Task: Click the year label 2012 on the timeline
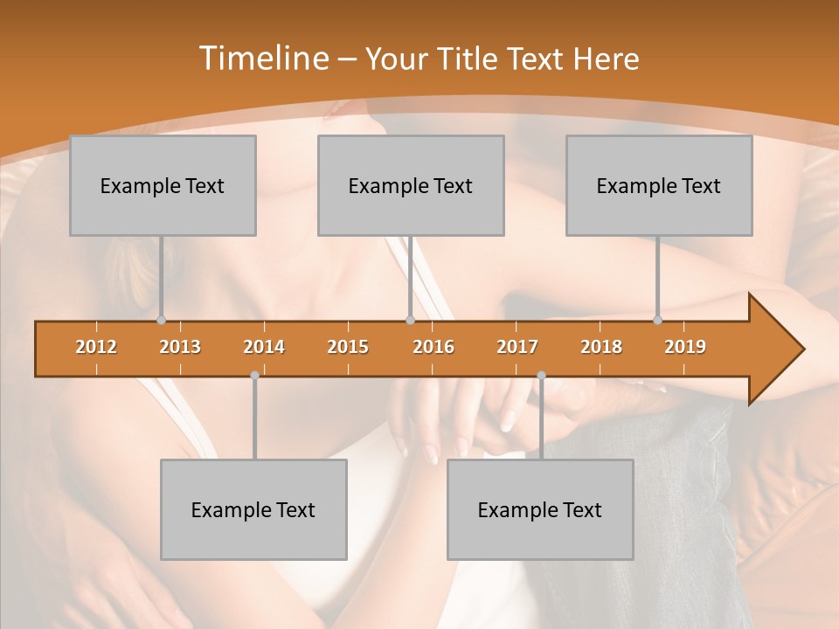96,347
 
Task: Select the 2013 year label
180,347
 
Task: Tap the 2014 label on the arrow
264,347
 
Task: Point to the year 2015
348,347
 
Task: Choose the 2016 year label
433,347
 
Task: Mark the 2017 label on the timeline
517,347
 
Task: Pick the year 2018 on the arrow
601,347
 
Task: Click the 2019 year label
685,347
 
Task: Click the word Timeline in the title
263,59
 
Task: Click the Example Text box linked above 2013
163,185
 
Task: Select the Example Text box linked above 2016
411,185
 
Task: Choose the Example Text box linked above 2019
659,185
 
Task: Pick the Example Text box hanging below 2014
253,509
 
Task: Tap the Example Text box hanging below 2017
540,509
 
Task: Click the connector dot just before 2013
162,320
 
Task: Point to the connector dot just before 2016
410,320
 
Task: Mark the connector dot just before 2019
658,320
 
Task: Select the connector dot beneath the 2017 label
541,376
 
